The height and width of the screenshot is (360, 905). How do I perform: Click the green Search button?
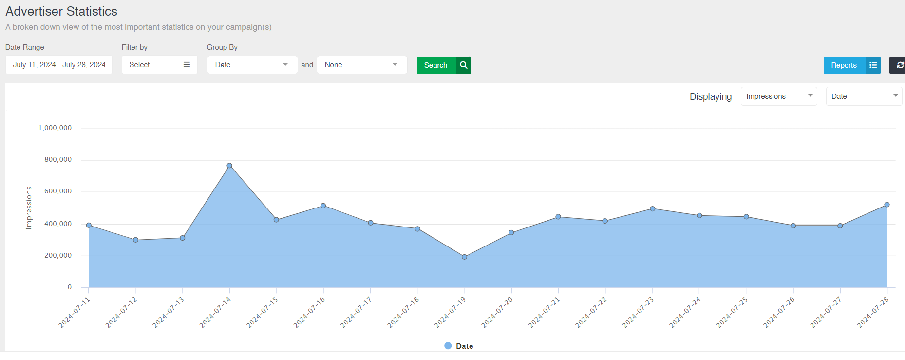(x=443, y=65)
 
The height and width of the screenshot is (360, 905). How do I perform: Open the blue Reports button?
(x=851, y=65)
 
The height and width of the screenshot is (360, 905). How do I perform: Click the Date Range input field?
(x=59, y=65)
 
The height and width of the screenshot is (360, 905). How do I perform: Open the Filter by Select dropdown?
(x=159, y=65)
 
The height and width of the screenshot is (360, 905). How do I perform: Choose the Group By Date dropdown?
(x=252, y=65)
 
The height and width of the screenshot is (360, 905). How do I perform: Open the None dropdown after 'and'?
(x=361, y=65)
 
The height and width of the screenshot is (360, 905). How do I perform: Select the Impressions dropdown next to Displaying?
(x=778, y=96)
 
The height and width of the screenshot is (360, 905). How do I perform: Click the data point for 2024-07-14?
(x=229, y=166)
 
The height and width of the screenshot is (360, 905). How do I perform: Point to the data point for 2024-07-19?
(x=464, y=257)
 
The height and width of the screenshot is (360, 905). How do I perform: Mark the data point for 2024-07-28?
(x=886, y=205)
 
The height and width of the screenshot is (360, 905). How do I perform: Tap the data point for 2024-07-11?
(x=89, y=225)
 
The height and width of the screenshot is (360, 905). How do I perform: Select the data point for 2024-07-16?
(x=323, y=206)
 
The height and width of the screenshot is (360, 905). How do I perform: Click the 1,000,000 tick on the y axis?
(x=55, y=128)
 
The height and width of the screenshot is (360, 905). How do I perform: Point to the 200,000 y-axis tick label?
(x=58, y=255)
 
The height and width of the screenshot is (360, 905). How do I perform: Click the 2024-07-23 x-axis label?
(x=638, y=312)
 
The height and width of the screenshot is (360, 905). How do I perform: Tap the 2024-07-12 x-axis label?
(x=121, y=312)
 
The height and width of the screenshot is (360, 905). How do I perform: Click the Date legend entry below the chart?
(x=459, y=346)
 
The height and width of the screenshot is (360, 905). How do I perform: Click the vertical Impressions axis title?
(x=29, y=208)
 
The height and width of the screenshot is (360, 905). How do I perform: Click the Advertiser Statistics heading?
(x=61, y=11)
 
